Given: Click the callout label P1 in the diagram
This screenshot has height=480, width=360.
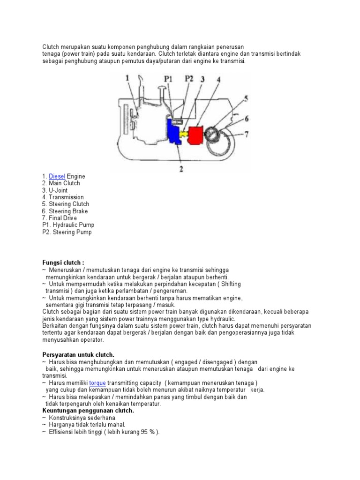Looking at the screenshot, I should [x=169, y=80].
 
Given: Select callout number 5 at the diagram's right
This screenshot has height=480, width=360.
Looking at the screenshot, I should [x=246, y=99].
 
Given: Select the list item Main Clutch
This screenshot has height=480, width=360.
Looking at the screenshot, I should [x=64, y=183].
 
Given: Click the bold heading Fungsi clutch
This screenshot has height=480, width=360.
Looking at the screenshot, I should [x=63, y=263].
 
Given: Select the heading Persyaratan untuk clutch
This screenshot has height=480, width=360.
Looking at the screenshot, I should [x=78, y=355].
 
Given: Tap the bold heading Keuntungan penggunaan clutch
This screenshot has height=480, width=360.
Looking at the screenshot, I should [x=88, y=410].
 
